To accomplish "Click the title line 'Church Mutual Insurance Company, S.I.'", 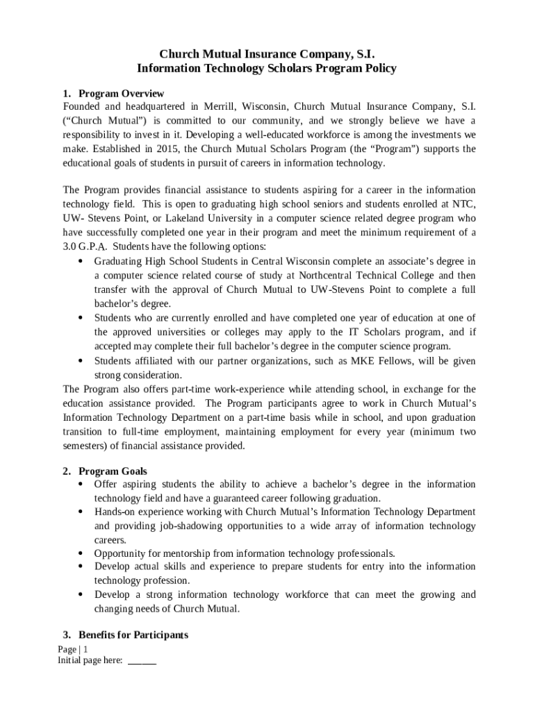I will tap(267, 53).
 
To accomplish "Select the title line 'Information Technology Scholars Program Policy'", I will tap(267, 68).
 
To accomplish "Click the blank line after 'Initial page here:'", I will tap(142, 662).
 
